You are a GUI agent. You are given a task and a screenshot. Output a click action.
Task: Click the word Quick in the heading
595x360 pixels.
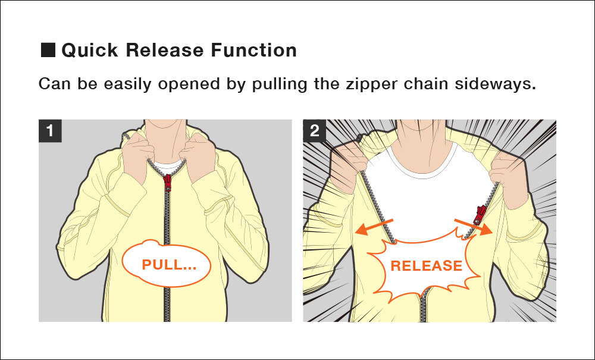(x=90, y=50)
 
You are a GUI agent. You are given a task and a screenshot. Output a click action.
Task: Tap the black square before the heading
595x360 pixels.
(x=48, y=50)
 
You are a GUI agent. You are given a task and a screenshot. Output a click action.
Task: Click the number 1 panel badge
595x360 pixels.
(x=50, y=131)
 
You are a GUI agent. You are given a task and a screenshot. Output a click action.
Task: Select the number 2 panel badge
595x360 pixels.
(x=314, y=131)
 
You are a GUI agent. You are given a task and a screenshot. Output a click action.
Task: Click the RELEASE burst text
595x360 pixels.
(x=426, y=265)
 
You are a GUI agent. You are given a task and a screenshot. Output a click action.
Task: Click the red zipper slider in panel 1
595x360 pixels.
(x=168, y=182)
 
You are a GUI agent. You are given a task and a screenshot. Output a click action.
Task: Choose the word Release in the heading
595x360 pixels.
(x=157, y=50)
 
